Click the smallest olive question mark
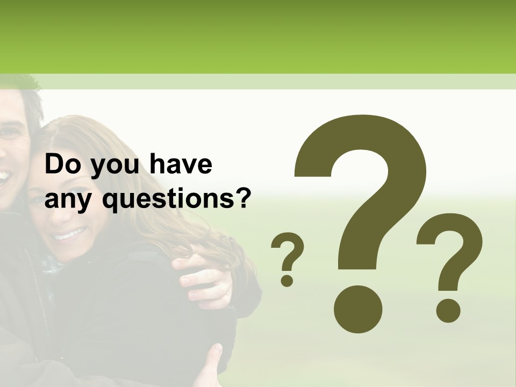coord(288,258)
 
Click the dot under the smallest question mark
coord(288,280)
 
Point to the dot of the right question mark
coord(447,311)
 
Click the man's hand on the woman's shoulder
coord(204,279)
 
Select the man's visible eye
coord(8,132)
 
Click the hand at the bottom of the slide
coord(210,365)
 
